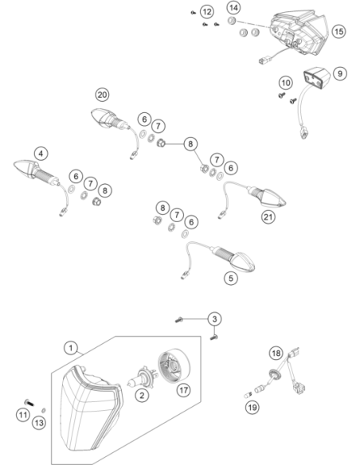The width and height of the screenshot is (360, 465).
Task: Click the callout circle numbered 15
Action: click(x=339, y=31)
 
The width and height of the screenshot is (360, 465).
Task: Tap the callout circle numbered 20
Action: click(x=102, y=95)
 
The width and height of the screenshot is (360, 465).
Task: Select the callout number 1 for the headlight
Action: click(x=71, y=348)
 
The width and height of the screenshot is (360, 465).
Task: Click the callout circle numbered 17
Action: click(x=183, y=389)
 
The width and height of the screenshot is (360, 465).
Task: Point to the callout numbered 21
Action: click(x=268, y=217)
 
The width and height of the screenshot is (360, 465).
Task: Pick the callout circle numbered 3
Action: click(x=214, y=319)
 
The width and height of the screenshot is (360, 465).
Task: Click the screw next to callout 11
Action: click(x=29, y=402)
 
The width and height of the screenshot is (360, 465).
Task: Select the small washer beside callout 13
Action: click(x=44, y=410)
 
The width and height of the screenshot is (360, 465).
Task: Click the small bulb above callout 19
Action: click(x=248, y=395)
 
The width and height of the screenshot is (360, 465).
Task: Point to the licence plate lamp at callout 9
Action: click(x=316, y=77)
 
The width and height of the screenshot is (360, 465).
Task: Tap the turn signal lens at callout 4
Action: click(x=25, y=168)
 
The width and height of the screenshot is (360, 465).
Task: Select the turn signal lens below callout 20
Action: click(x=102, y=118)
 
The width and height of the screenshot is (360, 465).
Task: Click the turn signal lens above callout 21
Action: click(x=273, y=197)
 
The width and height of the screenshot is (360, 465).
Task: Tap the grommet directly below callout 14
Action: click(x=232, y=21)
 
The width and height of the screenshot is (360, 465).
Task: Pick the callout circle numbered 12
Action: click(x=207, y=12)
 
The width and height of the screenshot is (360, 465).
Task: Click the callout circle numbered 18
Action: click(x=276, y=353)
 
